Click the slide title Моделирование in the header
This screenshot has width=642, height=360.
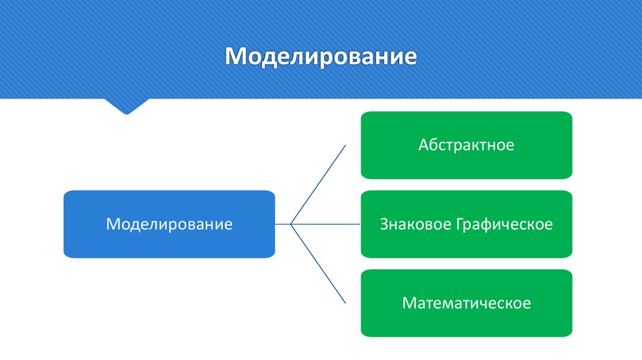(321, 56)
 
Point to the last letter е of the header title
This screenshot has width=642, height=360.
(411, 58)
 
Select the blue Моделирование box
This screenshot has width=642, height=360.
(169, 224)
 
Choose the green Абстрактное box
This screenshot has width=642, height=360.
(466, 146)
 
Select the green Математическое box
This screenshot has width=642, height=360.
(466, 304)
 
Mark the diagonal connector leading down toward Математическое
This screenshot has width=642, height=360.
(318, 263)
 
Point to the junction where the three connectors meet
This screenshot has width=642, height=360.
(292, 224)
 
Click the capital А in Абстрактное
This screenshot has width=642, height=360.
(424, 146)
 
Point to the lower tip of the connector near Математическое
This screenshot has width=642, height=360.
(345, 303)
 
